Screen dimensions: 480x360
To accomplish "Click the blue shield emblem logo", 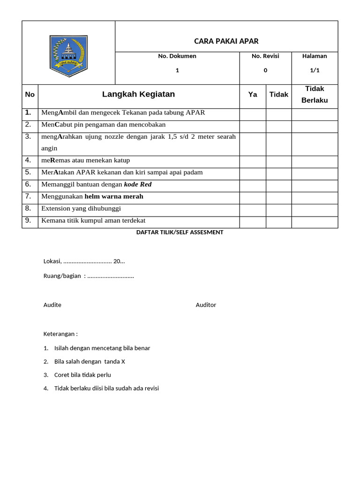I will pos(68,56).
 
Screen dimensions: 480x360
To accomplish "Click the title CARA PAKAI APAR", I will pos(226,41).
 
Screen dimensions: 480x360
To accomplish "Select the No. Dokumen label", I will pos(177,56).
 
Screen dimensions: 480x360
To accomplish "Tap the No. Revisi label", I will pos(265,56).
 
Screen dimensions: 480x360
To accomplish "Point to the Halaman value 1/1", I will pos(315,70).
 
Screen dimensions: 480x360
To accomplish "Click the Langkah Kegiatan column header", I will pos(138,94).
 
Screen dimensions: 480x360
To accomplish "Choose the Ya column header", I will pos(253,95).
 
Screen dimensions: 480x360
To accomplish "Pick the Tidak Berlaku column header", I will pos(315,94).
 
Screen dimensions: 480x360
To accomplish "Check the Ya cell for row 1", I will pos(253,114).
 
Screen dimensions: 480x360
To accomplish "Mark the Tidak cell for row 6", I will pos(279,186).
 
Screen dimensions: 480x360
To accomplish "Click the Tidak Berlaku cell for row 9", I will pos(315,222).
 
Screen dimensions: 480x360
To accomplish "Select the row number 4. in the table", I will pos(29,160).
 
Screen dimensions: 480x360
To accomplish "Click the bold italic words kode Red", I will pos(138,185).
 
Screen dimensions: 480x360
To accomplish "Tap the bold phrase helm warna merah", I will pos(114,196).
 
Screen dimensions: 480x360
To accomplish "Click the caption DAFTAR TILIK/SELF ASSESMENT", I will pos(180,232).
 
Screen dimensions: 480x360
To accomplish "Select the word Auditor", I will pos(206,305).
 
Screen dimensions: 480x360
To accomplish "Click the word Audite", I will pos(52,305).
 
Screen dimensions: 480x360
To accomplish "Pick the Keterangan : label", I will pos(60,334).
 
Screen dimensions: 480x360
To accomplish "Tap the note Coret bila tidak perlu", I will pos(82,375).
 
